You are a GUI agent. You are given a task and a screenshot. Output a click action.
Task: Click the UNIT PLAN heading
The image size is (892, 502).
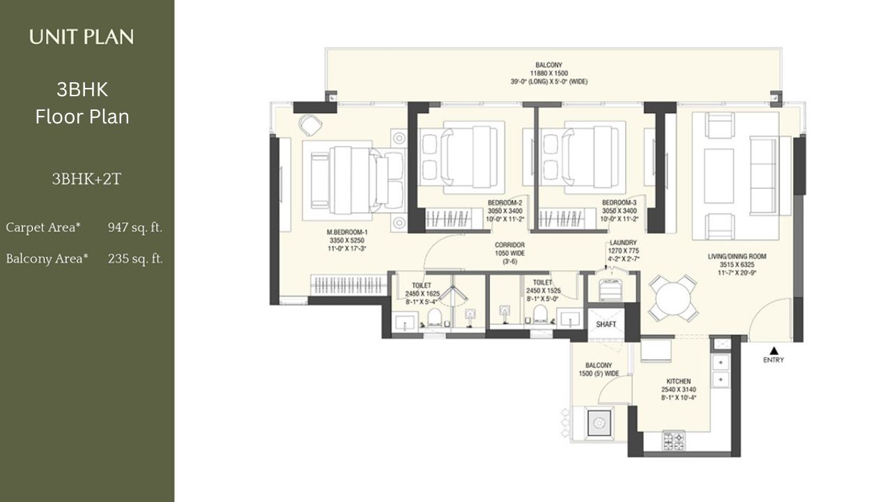click(82, 37)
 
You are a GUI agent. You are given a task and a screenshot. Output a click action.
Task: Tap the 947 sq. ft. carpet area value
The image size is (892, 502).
click(135, 227)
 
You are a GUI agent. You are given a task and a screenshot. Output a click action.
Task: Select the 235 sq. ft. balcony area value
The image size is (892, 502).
click(135, 259)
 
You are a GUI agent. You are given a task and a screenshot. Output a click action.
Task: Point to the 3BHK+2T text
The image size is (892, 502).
click(86, 179)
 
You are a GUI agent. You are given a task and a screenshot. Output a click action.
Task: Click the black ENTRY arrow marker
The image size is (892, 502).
click(774, 351)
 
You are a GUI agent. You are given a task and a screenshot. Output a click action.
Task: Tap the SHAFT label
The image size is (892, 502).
click(606, 324)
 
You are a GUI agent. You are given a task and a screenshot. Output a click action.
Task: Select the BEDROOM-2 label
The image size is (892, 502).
click(505, 202)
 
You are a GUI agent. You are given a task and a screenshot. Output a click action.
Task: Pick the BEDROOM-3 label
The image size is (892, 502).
click(620, 202)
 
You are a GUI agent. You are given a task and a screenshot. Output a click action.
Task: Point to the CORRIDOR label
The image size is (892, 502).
click(509, 245)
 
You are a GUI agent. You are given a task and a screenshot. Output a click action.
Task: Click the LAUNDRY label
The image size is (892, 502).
click(623, 242)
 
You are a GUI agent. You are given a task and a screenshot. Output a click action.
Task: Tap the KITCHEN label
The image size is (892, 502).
click(679, 381)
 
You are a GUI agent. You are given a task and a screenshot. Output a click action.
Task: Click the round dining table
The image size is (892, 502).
click(672, 298)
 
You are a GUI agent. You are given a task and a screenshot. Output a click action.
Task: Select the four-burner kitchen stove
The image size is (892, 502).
click(673, 441)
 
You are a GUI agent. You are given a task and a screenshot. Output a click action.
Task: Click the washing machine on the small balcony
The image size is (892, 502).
click(599, 423)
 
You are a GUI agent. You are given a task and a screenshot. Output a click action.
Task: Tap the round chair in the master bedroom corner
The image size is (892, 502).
click(310, 125)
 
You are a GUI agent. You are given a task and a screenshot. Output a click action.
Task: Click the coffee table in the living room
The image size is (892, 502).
click(718, 176)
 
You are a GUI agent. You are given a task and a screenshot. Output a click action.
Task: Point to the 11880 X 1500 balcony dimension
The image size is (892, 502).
click(548, 73)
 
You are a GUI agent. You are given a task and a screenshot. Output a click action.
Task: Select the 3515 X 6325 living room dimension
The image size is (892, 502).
click(737, 264)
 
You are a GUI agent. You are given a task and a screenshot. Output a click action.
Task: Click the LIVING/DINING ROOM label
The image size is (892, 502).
click(737, 257)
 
